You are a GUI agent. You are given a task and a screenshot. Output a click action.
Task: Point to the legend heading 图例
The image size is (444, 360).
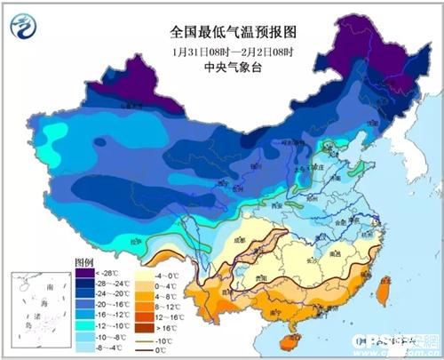pyautogui.click(x=84, y=263)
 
